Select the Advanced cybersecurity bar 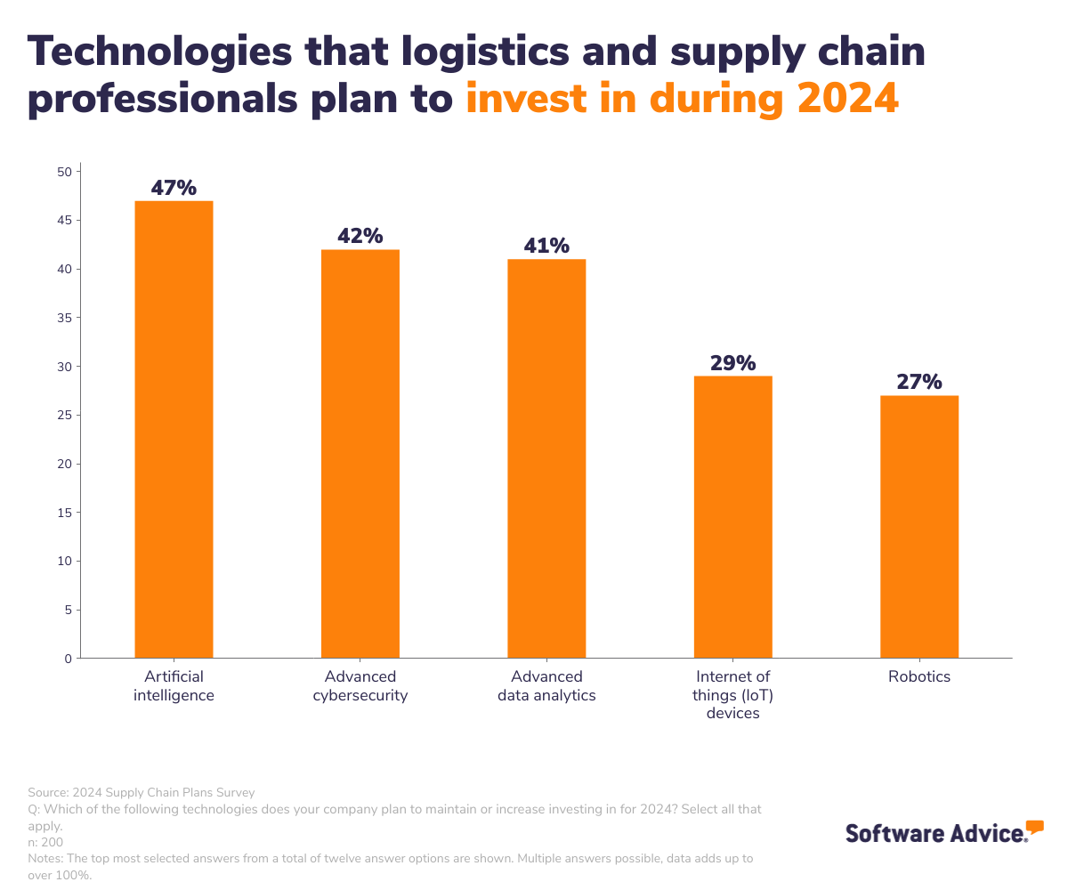pyautogui.click(x=360, y=454)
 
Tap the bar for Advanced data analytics pyautogui.click(x=546, y=458)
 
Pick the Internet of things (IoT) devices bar pyautogui.click(x=732, y=517)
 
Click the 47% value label pyautogui.click(x=174, y=188)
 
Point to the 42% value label pyautogui.click(x=360, y=236)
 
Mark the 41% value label pyautogui.click(x=546, y=246)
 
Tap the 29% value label pyautogui.click(x=732, y=363)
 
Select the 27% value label pyautogui.click(x=919, y=382)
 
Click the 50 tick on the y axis pyautogui.click(x=64, y=172)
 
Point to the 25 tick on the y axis pyautogui.click(x=64, y=416)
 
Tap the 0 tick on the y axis pyautogui.click(x=68, y=659)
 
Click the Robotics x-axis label pyautogui.click(x=919, y=677)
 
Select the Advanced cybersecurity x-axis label pyautogui.click(x=360, y=686)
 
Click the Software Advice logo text pyautogui.click(x=934, y=833)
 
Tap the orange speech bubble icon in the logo pyautogui.click(x=1034, y=827)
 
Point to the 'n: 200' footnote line pyautogui.click(x=45, y=842)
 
